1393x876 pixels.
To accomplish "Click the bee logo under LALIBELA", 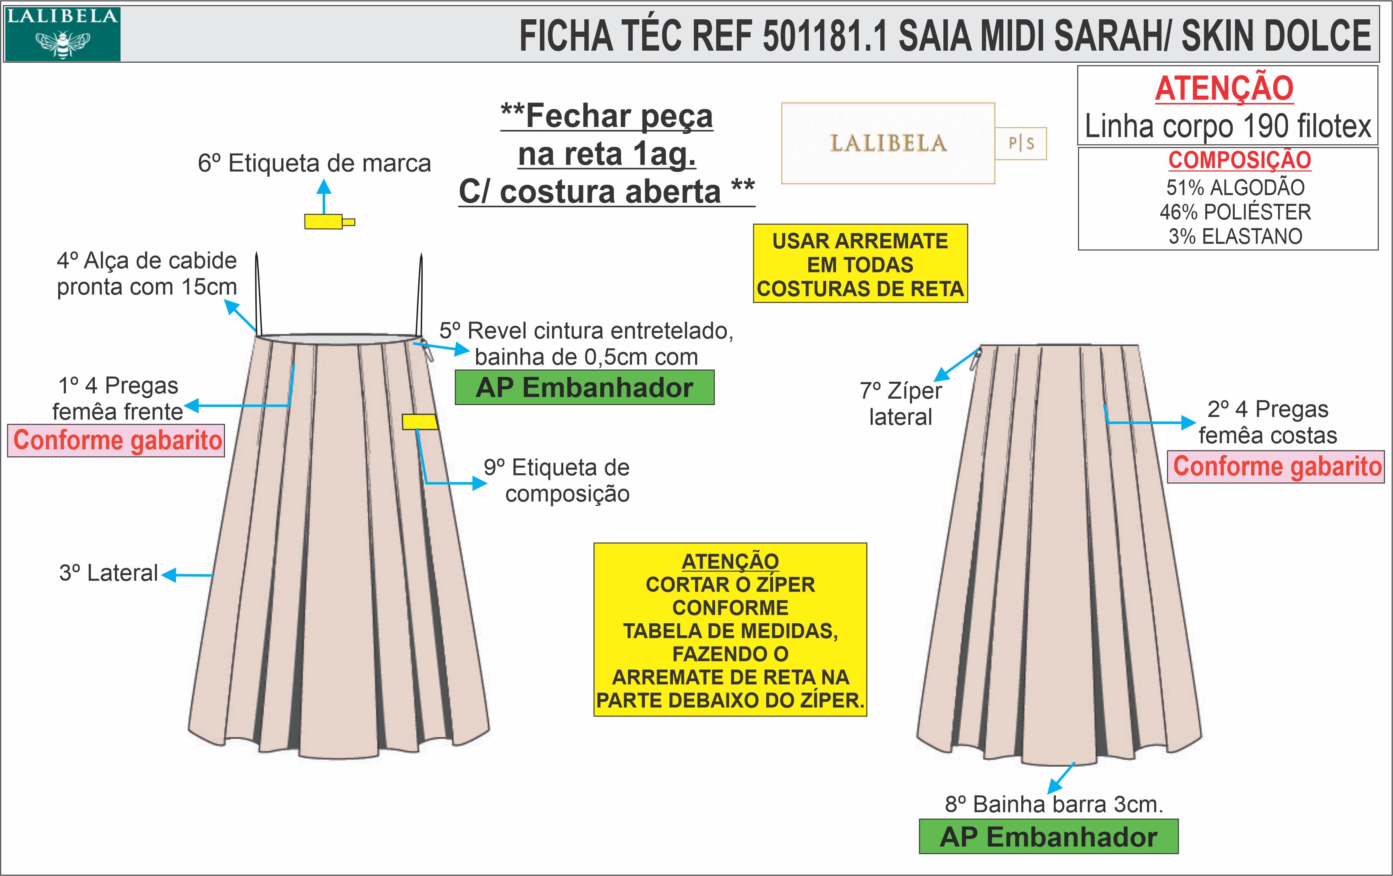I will coord(62,44).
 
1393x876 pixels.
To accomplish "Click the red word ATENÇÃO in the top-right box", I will coord(1224,88).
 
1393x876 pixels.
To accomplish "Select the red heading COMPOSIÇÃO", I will coord(1239,160).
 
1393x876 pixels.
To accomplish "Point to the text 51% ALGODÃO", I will coord(1235,188).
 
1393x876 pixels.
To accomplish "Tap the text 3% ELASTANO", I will coord(1235,236).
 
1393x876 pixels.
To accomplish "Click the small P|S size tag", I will coord(1021,143).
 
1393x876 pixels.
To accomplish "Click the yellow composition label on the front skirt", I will coord(419,422).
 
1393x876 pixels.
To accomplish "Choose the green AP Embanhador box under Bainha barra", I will coord(1048,837).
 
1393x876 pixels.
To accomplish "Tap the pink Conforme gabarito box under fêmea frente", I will coord(116,440).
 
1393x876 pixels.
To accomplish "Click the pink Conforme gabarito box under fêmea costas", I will coord(1276,467).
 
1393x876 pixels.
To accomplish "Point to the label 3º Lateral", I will coord(108,573).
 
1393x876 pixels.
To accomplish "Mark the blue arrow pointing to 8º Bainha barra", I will coord(1061,778).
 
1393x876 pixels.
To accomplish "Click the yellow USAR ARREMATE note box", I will coord(860,264).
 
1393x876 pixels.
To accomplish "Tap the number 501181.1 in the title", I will coord(824,36).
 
